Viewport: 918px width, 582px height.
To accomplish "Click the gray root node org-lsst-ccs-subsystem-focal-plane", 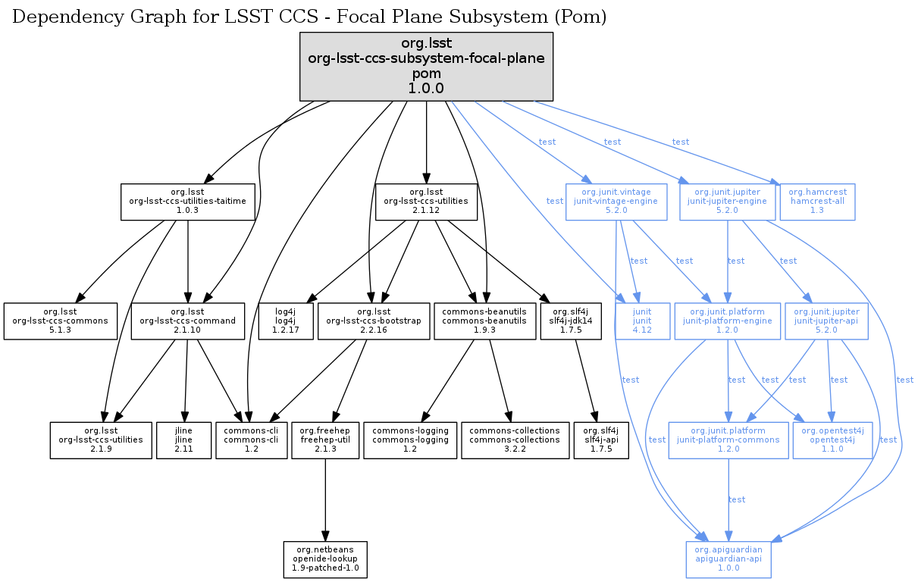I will [427, 67].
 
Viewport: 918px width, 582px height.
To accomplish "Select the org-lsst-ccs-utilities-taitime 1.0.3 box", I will [187, 202].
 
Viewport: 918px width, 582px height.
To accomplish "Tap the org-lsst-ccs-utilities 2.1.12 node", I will [427, 202].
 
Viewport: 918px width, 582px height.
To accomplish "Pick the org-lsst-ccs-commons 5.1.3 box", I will [61, 321].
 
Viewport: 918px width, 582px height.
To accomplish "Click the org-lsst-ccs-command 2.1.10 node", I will [187, 321].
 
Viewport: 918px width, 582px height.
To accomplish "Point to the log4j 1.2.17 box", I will [285, 321].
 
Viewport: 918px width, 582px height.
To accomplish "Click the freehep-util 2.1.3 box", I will [324, 440].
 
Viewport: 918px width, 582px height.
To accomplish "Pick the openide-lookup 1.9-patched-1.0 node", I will [324, 560].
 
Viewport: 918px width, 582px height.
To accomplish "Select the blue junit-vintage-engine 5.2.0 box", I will [616, 202].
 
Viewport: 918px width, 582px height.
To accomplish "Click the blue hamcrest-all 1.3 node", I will [817, 202].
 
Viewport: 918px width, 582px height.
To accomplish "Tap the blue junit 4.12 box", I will [642, 321].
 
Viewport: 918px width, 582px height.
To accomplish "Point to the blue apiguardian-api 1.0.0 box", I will [728, 560].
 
